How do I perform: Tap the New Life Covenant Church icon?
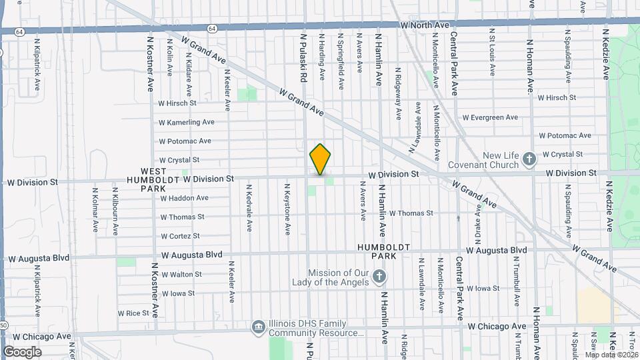[529, 159]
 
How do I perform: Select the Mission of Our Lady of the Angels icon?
[379, 276]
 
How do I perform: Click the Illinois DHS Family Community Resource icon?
[258, 327]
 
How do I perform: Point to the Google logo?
[22, 351]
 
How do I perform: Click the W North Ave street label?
[425, 25]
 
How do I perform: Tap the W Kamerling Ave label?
[186, 122]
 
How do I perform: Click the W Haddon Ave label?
[184, 198]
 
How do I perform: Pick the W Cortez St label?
[180, 236]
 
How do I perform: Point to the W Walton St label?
[181, 274]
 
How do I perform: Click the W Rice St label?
[133, 313]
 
